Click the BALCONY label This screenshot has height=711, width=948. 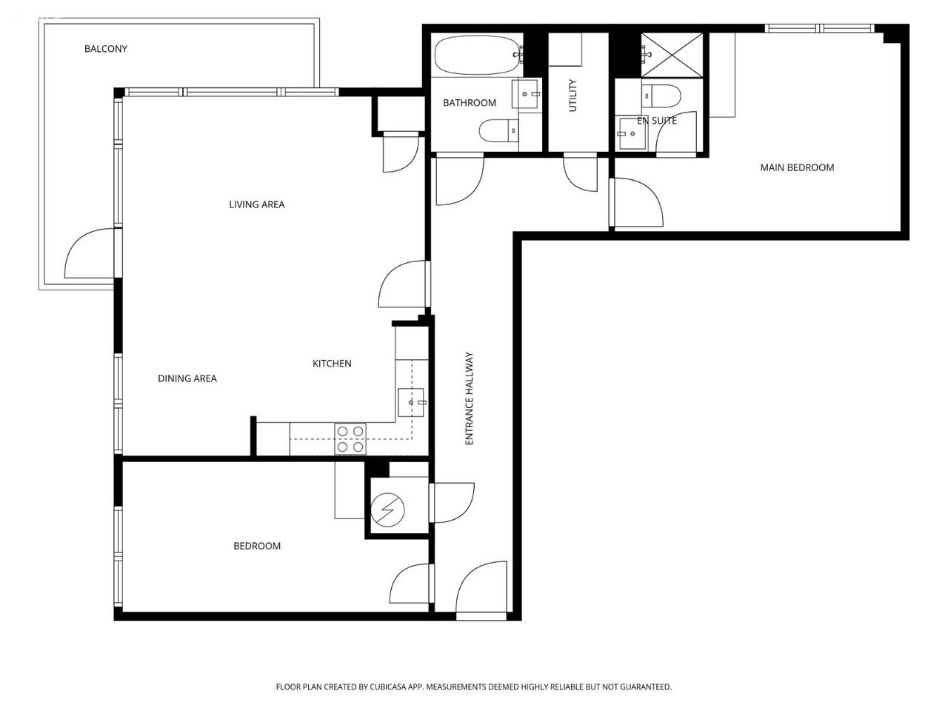pos(106,49)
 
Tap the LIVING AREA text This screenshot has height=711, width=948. pos(256,204)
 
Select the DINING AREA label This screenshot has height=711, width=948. pos(187,378)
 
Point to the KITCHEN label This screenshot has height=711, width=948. pos(332,364)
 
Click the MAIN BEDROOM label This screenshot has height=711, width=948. pos(797,167)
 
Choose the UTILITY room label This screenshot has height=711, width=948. pos(573,96)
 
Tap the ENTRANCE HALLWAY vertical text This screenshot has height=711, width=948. pos(469,398)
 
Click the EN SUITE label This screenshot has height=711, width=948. pos(656,121)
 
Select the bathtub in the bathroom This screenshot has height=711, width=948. pos(477,55)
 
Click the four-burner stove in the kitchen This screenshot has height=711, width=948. pos(350,438)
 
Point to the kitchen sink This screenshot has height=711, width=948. pos(411,402)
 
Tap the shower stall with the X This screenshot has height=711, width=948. pos(672,56)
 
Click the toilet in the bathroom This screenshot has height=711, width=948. pos(499,130)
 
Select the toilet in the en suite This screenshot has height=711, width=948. pos(661,96)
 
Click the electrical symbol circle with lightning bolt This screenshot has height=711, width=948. pos(387,510)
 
